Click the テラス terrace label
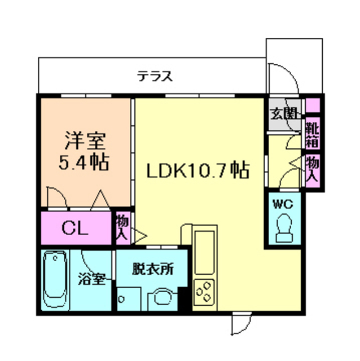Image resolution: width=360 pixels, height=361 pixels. pos(154,76)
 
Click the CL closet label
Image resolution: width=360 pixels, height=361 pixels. pos(75,228)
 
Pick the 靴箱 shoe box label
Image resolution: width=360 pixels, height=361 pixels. pos(312,134)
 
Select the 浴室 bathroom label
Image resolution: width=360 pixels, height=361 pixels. pos(91,279)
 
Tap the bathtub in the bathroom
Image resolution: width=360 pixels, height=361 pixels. pos(56,280)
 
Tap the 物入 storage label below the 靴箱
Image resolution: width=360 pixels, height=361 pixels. pos(312,170)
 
